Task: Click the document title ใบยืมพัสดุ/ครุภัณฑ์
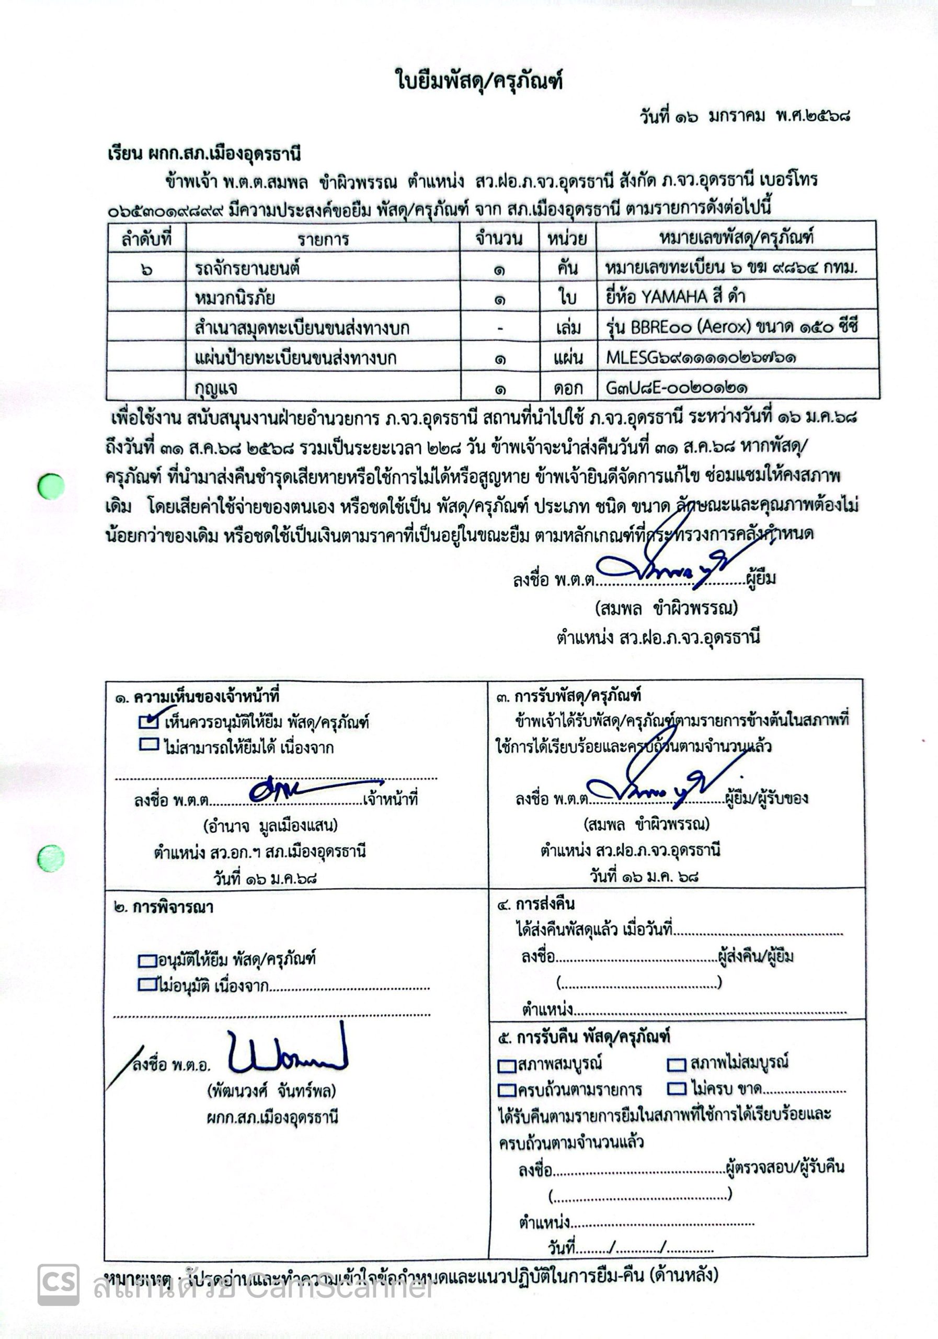coord(479,80)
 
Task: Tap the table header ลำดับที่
coord(146,239)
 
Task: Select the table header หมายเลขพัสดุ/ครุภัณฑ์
coord(736,237)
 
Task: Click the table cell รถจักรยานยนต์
coord(247,269)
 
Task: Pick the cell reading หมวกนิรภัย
coord(235,298)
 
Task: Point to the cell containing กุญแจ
coord(216,387)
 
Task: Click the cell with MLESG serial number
coord(701,357)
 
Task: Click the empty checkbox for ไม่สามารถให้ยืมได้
coord(149,745)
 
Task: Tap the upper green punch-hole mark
coord(51,486)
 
